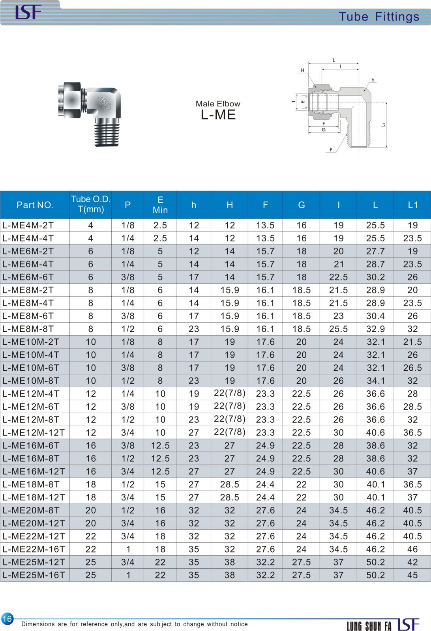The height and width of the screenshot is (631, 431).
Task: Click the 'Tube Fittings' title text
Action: [379, 17]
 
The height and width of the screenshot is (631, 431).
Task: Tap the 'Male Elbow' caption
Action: [218, 104]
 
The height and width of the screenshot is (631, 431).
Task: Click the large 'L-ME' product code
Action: [218, 115]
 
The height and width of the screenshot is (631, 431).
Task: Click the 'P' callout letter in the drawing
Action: [330, 149]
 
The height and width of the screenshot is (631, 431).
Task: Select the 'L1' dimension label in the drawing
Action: [384, 125]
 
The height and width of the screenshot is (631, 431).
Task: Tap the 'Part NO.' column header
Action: [35, 205]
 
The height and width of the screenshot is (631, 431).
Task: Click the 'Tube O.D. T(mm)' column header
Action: [91, 204]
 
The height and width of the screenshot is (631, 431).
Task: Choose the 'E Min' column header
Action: [160, 205]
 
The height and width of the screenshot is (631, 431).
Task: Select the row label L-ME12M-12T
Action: [34, 432]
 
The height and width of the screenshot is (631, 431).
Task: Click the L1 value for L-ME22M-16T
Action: [412, 549]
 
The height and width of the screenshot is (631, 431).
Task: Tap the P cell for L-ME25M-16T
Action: [128, 575]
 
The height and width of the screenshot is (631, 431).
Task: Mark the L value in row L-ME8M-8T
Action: [375, 329]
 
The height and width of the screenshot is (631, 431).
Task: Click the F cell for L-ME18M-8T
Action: [265, 484]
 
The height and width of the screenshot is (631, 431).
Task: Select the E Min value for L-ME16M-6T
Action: [160, 445]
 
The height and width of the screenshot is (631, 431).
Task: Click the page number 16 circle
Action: [7, 618]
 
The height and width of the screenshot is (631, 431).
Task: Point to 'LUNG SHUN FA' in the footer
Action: [369, 625]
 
